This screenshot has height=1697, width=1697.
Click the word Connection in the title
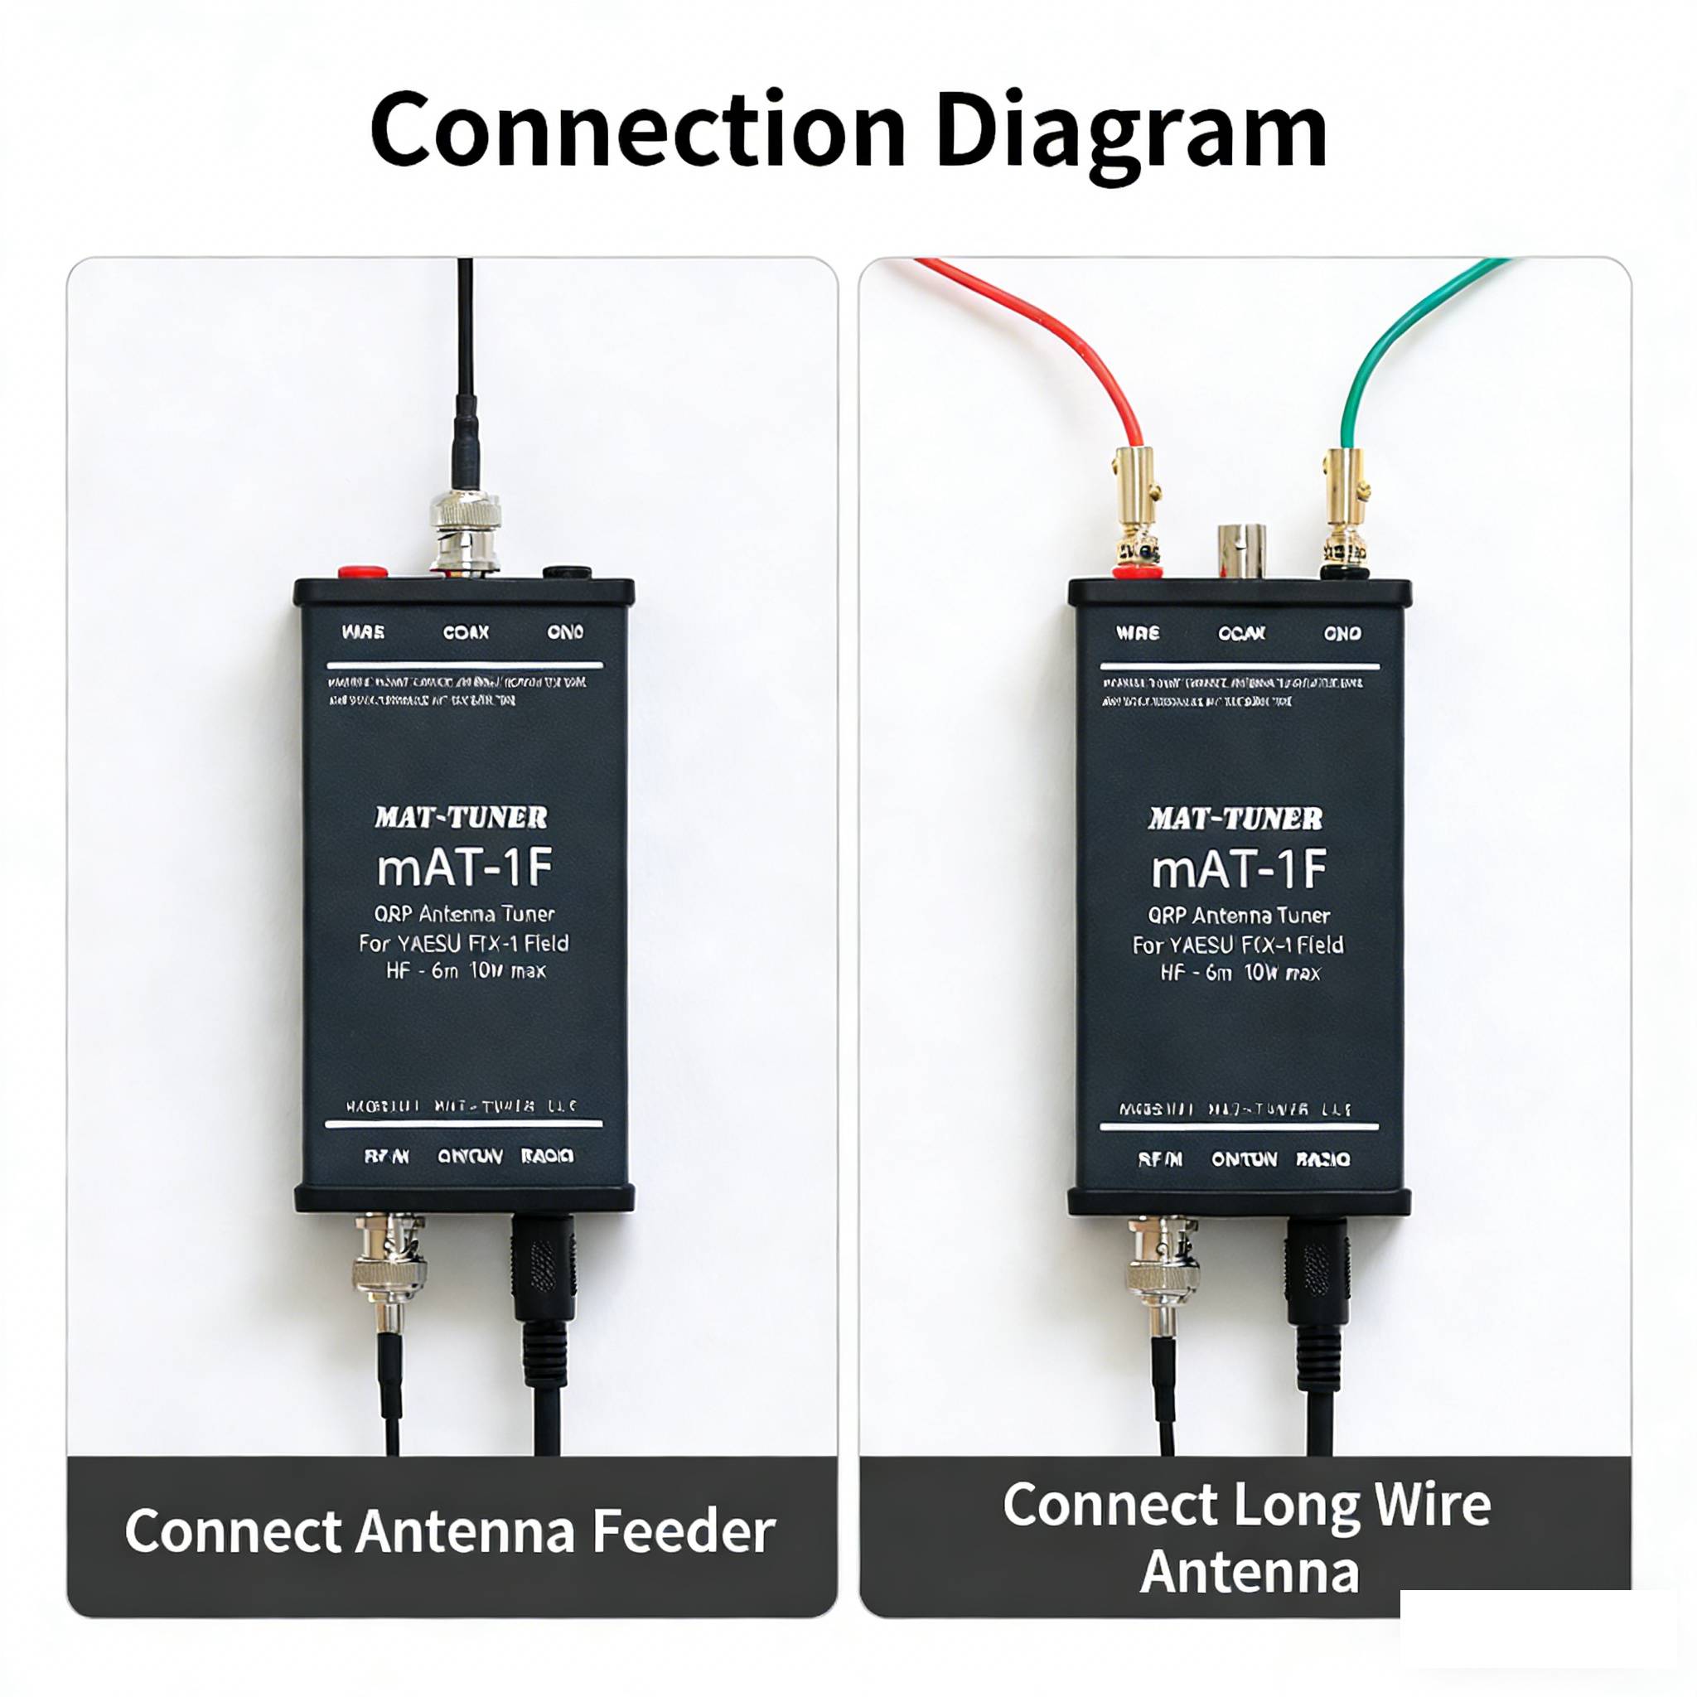click(x=637, y=130)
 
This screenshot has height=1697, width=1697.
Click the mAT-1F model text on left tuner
click(x=465, y=868)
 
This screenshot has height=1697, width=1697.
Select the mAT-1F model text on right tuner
click(x=1239, y=869)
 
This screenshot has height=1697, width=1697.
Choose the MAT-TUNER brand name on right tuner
click(x=1235, y=819)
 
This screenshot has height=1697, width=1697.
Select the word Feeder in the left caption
click(x=684, y=1532)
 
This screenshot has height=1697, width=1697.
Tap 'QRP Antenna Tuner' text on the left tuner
click(x=465, y=915)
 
